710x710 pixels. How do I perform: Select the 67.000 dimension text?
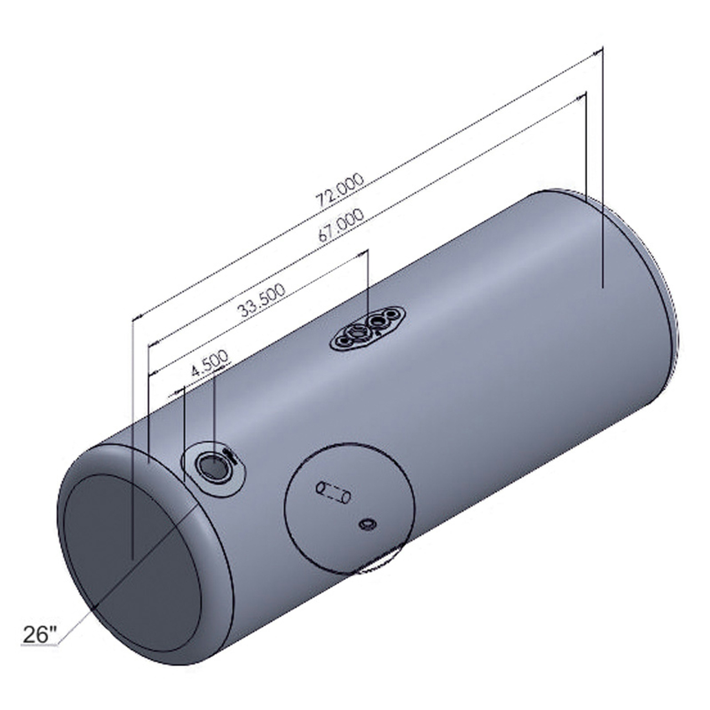341,225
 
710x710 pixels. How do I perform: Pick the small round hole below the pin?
367,525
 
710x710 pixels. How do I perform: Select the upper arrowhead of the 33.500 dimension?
364,252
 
